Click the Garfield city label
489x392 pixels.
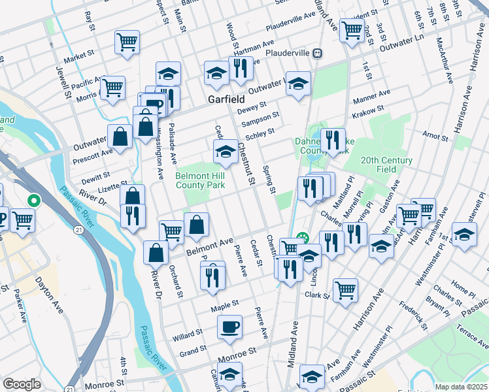point(226,100)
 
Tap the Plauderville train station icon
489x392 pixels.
point(317,53)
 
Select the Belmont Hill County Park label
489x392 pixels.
point(200,181)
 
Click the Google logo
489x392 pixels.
point(22,384)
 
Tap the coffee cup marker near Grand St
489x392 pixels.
point(229,327)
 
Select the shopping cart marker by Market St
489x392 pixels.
point(127,42)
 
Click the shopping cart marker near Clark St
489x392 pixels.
point(345,289)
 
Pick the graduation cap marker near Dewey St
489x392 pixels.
point(298,84)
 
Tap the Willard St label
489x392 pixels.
point(188,336)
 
